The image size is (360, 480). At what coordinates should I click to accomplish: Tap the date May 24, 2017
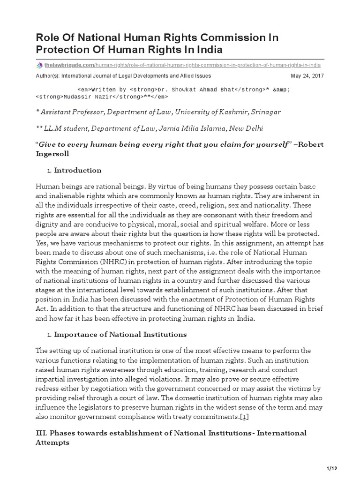coord(307,75)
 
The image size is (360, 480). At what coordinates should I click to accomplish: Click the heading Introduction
coord(78,170)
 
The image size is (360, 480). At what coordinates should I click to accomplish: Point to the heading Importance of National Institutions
coord(120,334)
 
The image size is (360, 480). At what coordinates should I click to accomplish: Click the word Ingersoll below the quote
coord(53,153)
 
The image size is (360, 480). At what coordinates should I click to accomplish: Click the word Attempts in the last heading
coord(52,442)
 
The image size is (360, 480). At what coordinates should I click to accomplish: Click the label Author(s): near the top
coord(49,75)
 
